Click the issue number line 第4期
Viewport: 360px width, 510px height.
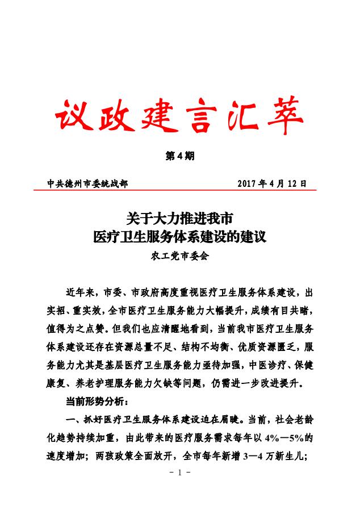click(x=180, y=156)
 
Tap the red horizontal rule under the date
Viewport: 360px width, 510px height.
click(x=180, y=190)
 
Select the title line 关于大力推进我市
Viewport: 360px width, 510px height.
click(x=180, y=218)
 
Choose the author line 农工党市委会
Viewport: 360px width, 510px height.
click(x=180, y=256)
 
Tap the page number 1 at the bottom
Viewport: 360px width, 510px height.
click(x=180, y=473)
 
